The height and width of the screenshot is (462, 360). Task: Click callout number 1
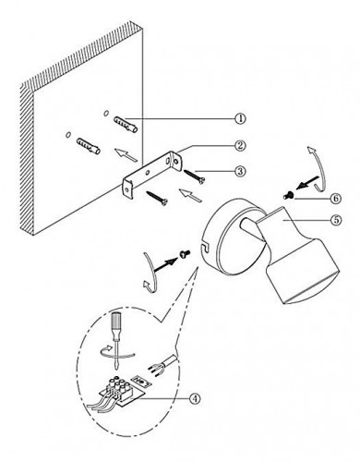(x=240, y=118)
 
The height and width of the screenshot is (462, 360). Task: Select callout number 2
(x=240, y=145)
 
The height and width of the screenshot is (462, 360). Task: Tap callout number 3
(x=240, y=171)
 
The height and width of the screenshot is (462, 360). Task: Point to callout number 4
(x=194, y=398)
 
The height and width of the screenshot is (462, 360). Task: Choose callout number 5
(x=336, y=220)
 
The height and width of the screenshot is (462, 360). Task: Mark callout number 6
(x=336, y=198)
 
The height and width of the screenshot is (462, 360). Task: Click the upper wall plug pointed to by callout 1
(x=126, y=124)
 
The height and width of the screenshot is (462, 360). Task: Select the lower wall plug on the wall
(x=89, y=146)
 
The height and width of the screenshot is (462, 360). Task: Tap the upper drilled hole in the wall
(x=106, y=114)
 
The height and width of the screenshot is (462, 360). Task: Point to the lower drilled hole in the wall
(x=68, y=135)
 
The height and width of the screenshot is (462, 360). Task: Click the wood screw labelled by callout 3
(x=195, y=176)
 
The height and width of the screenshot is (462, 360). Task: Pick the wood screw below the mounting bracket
(x=157, y=198)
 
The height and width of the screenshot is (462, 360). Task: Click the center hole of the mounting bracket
(x=148, y=172)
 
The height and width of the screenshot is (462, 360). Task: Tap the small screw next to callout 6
(x=288, y=195)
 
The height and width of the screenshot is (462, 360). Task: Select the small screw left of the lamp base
(x=185, y=254)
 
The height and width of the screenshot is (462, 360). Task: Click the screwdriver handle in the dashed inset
(x=116, y=326)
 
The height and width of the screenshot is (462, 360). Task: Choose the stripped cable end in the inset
(x=162, y=365)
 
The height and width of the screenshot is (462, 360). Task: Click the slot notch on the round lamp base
(x=204, y=246)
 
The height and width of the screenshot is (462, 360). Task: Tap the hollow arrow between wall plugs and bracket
(x=126, y=154)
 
